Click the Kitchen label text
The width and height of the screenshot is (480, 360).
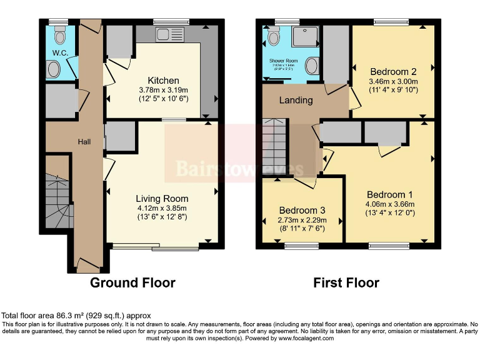(163, 81)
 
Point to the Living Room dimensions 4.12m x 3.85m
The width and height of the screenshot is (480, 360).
(162, 208)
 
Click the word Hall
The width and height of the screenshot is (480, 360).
(84, 142)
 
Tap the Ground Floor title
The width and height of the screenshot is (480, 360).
(132, 282)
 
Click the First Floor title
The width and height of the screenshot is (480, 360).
(346, 282)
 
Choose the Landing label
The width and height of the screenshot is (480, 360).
(296, 100)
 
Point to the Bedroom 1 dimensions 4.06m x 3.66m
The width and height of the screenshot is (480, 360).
(391, 204)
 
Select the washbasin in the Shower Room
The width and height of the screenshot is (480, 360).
(311, 66)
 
